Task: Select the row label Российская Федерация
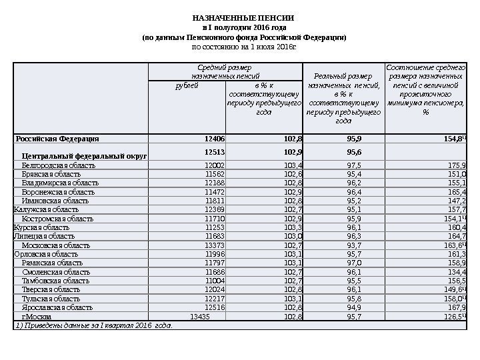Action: point(58,139)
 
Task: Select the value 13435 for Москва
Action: point(201,317)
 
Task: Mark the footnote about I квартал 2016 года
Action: point(93,326)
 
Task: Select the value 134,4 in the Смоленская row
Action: point(456,272)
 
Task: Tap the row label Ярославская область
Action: point(57,308)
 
